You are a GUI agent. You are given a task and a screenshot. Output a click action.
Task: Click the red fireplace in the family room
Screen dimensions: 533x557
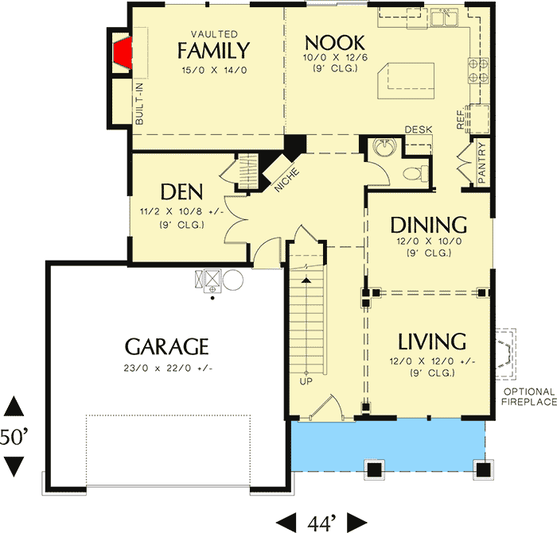coord(122,52)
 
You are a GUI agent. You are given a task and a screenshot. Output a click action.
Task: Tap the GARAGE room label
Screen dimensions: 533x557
coord(167,347)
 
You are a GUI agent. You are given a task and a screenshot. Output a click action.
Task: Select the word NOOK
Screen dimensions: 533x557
coord(334,43)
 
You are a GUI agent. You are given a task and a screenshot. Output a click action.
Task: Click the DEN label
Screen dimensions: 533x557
coord(181,192)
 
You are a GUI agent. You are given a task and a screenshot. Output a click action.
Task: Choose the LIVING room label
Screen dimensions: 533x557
coord(431,342)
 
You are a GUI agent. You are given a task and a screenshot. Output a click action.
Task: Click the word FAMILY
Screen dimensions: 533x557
coord(213,52)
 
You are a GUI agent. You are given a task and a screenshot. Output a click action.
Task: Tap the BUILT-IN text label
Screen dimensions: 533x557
coord(140,106)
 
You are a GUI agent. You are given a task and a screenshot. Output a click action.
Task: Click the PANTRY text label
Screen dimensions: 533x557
coord(482,163)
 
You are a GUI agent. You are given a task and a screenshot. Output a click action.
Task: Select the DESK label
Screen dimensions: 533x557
coord(418,129)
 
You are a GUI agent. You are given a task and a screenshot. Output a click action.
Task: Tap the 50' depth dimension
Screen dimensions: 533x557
coord(14,437)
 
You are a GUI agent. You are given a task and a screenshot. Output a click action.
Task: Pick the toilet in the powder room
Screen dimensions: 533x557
coord(411,174)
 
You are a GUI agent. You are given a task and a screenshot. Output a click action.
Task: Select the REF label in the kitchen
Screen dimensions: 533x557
coord(461,119)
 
